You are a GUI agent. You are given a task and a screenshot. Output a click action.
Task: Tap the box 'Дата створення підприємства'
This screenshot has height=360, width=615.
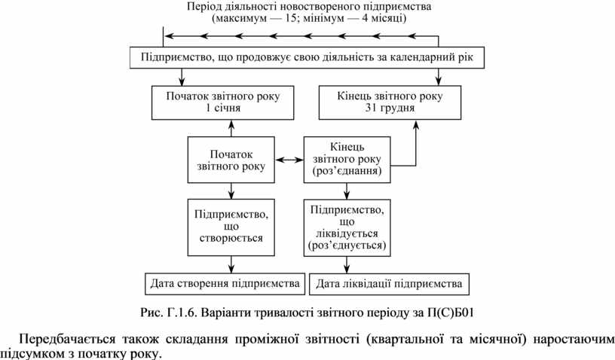tap(225, 284)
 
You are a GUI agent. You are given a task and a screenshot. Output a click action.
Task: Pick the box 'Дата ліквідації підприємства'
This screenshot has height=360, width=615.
tap(389, 284)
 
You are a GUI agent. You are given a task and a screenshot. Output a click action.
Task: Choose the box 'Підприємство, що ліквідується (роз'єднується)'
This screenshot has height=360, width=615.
tap(347, 225)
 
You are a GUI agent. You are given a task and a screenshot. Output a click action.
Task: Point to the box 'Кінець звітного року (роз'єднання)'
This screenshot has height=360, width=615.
tap(347, 159)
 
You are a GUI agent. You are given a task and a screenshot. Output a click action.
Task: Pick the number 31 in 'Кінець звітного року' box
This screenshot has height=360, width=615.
tap(370, 108)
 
